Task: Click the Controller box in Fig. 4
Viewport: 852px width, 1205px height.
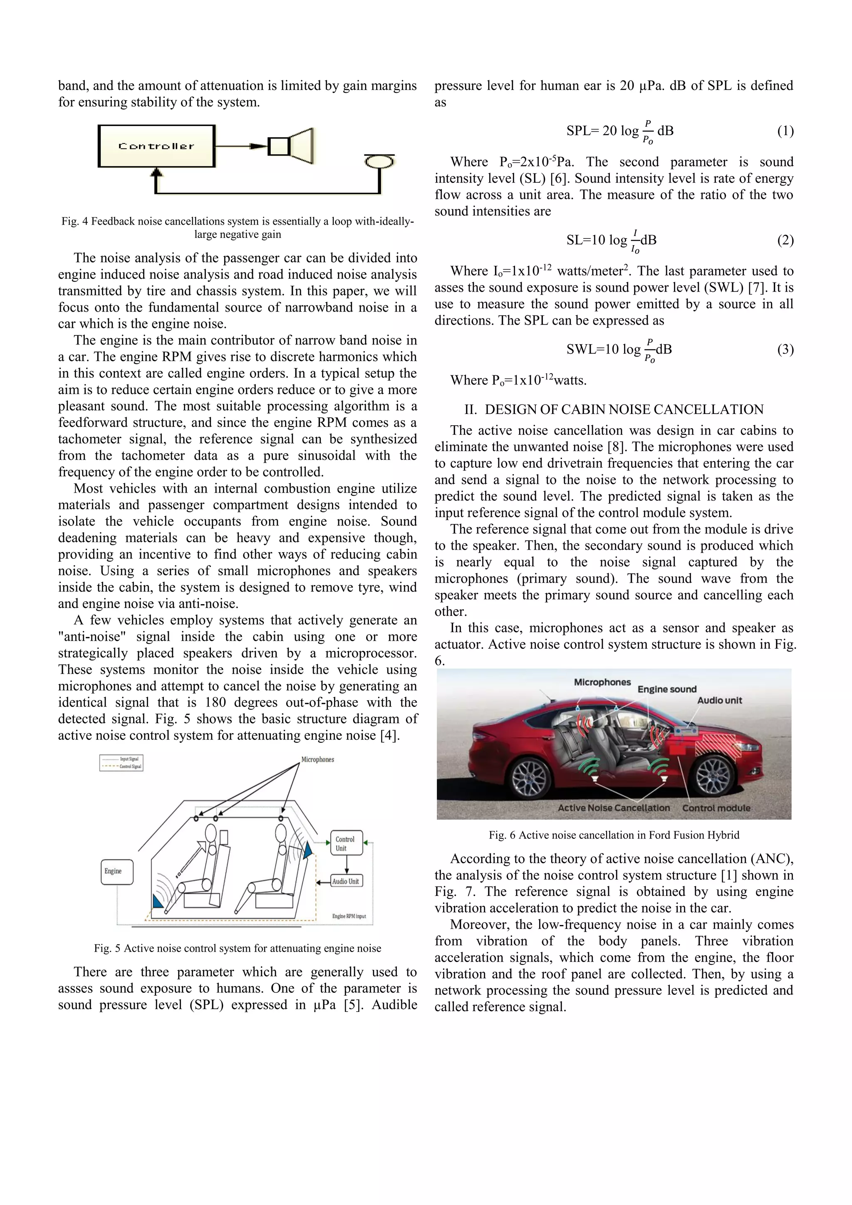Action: pos(156,146)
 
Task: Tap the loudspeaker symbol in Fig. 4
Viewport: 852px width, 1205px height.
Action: pos(291,146)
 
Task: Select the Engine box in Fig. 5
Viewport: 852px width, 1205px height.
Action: pos(116,871)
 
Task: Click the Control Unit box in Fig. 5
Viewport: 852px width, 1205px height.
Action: pos(345,843)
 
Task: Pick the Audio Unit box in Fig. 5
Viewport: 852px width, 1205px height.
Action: pos(346,881)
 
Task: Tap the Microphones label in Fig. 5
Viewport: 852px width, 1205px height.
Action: pos(317,759)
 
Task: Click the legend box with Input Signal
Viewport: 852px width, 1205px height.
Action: pos(121,763)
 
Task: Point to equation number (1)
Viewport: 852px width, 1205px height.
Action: pos(785,131)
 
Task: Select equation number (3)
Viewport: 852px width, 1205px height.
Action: pos(785,349)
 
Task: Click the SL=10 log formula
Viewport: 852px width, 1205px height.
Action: pos(611,241)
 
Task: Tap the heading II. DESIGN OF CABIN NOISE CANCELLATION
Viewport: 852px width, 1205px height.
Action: pos(614,409)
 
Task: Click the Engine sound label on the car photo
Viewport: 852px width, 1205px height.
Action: pos(667,689)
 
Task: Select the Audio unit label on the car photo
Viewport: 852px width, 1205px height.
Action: pos(719,700)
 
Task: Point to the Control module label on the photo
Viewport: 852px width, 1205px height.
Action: pos(716,808)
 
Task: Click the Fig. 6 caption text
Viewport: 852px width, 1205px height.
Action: pos(614,835)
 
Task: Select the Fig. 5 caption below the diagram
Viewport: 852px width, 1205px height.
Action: pos(237,948)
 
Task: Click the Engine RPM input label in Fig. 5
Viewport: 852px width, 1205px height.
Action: pos(349,916)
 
